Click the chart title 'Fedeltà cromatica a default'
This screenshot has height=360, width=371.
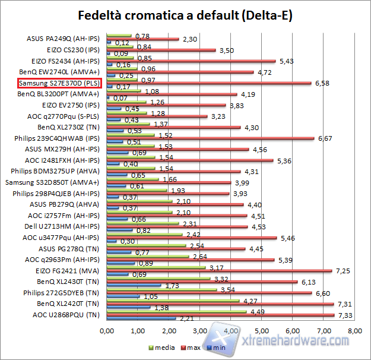185,14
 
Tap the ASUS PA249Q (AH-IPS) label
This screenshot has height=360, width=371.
65,39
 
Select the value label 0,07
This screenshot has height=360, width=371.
121,98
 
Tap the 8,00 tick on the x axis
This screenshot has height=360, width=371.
354,330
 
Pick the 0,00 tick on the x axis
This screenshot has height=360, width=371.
107,330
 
